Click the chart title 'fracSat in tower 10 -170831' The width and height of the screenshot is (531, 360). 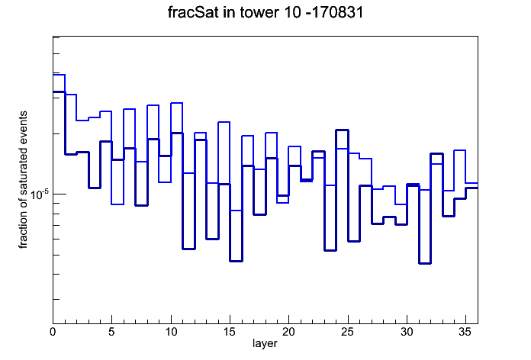click(265, 12)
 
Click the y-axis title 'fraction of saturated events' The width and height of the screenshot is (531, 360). click(23, 180)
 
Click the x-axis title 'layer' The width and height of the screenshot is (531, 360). click(265, 343)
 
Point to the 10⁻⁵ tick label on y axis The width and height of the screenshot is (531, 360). click(40, 194)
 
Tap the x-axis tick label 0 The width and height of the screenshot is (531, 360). click(53, 333)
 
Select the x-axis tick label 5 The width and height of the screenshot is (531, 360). click(111, 333)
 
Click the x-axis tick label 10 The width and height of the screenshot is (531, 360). click(171, 333)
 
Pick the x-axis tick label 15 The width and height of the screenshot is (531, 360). click(230, 333)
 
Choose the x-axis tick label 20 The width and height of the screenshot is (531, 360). click(288, 333)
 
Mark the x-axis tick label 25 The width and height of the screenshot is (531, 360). click(347, 333)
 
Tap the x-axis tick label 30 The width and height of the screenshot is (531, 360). click(407, 333)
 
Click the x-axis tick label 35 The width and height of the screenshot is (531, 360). click(465, 333)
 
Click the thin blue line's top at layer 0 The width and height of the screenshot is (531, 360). click(59, 75)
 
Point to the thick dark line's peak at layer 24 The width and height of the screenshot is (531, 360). click(342, 130)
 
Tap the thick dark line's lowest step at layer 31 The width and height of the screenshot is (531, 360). click(424, 263)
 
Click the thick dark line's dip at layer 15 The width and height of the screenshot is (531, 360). click(236, 261)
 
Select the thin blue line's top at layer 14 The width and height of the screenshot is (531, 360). click(224, 122)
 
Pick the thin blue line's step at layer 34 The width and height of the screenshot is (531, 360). click(459, 150)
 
